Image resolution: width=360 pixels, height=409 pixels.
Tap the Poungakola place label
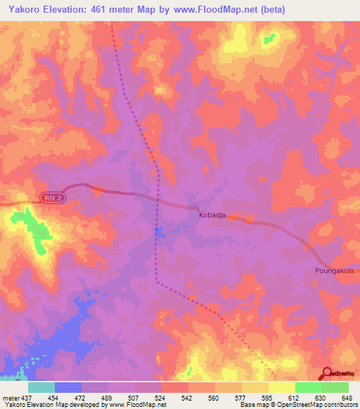pos(334,270)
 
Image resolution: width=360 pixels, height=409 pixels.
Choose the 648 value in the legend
pos(347,397)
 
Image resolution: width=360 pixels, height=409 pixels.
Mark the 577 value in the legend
pos(241,397)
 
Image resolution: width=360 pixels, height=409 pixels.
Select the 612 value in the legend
pos(294,397)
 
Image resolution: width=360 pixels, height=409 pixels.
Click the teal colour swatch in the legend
pos(41,387)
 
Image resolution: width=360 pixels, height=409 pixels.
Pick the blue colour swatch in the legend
pos(68,387)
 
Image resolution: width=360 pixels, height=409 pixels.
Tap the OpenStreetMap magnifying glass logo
pos(328,375)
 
